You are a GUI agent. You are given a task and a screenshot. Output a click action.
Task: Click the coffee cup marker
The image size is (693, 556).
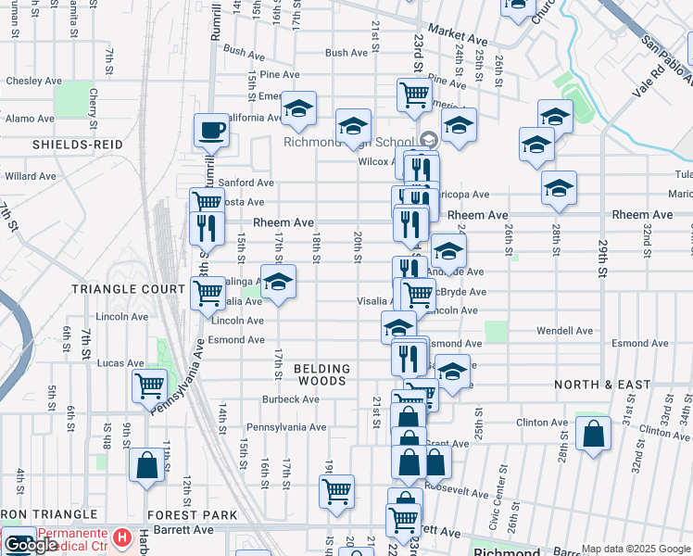[x=211, y=131]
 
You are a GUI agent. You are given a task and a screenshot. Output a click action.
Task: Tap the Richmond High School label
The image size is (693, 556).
[x=347, y=142]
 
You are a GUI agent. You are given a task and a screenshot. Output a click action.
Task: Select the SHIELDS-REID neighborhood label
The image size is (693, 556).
[x=69, y=145]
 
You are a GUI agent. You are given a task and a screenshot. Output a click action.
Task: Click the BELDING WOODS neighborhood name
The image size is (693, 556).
[x=321, y=374]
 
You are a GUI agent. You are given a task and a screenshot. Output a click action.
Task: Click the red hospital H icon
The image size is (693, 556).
[x=121, y=537]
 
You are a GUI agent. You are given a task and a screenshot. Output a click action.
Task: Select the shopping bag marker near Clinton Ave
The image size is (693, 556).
[x=593, y=434]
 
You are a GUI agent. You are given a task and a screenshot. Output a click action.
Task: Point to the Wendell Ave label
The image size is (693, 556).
[x=564, y=331]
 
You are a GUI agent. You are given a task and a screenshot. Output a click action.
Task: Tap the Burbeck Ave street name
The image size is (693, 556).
[x=290, y=400]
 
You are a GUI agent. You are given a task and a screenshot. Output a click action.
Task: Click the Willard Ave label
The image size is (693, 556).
[x=31, y=175]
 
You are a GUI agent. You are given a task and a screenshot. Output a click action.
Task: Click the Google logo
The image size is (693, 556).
[x=31, y=546]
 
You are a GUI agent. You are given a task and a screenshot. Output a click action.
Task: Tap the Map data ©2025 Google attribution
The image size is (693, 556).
[x=636, y=550]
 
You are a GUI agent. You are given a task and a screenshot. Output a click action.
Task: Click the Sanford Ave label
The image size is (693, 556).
[x=246, y=183]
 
